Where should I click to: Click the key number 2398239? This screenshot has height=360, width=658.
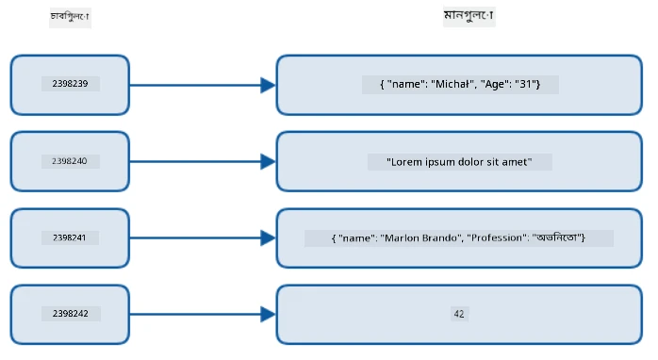tap(70, 84)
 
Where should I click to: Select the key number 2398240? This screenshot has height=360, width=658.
tap(70, 161)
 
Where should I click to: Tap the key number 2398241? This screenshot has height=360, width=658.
tap(69, 237)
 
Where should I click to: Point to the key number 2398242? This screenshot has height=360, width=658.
tap(70, 314)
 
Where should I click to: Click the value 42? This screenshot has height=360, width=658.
tap(459, 314)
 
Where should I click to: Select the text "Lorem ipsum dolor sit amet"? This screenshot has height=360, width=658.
tap(459, 162)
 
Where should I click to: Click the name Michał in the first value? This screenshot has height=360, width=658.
tap(452, 84)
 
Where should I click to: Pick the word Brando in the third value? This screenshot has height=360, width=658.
tap(439, 237)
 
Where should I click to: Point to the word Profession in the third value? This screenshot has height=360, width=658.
tap(499, 237)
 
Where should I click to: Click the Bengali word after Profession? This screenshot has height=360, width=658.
tap(557, 237)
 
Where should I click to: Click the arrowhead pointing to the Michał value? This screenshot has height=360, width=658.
tap(268, 85)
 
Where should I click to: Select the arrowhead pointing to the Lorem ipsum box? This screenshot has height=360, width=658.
tap(268, 161)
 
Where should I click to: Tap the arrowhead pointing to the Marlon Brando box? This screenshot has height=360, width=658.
tap(268, 237)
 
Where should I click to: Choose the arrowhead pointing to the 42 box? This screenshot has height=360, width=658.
tap(268, 314)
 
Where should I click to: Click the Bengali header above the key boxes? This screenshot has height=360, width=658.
tap(70, 17)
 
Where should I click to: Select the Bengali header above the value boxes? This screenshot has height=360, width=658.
tap(469, 15)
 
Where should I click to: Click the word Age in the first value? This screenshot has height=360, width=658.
tap(494, 84)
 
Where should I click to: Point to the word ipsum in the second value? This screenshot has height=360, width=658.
tap(440, 162)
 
